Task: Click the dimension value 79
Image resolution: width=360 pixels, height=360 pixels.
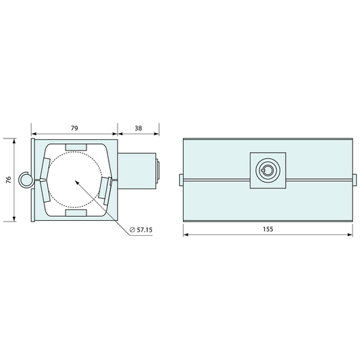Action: tap(74, 128)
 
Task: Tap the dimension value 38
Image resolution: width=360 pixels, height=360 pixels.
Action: tap(138, 128)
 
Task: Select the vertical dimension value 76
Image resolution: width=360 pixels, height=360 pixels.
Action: tap(9, 180)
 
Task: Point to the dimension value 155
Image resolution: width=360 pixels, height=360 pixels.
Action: tap(268, 229)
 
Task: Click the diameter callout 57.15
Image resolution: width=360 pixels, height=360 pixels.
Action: tap(141, 230)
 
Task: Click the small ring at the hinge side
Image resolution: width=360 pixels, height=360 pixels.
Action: tap(26, 180)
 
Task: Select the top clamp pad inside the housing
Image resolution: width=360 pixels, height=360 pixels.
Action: tap(76, 147)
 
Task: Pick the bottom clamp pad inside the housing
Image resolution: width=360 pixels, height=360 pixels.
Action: tap(76, 213)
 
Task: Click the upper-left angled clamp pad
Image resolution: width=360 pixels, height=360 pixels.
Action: tap(45, 168)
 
